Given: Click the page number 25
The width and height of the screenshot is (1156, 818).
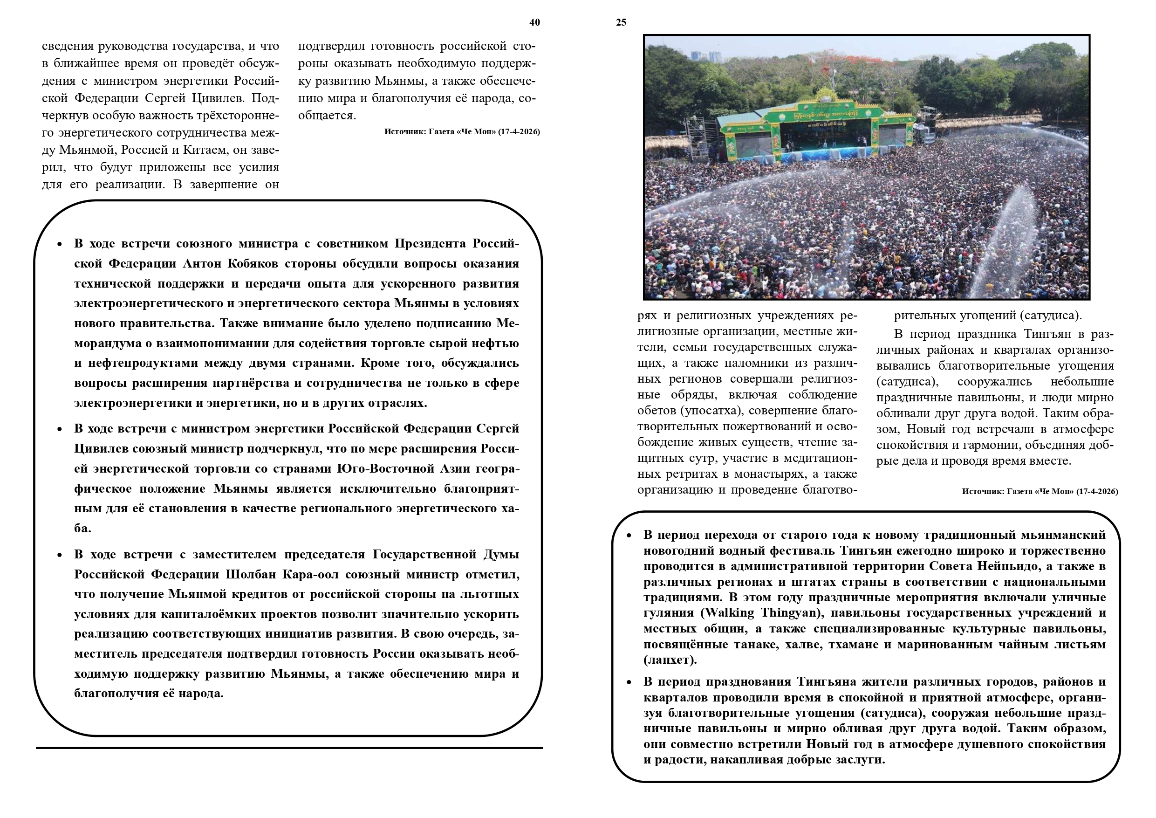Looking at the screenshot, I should coord(621,22).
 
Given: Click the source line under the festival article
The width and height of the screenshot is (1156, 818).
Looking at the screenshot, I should coord(1040,491).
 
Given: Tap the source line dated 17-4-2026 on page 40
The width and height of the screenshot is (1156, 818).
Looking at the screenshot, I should coord(462,132).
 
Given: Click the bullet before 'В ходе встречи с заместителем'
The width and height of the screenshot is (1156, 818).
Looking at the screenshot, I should coord(60,555).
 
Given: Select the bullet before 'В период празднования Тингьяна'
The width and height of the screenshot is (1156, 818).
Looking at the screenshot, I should coord(629,682).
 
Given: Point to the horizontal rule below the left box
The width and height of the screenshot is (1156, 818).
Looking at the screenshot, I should coord(289,748).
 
